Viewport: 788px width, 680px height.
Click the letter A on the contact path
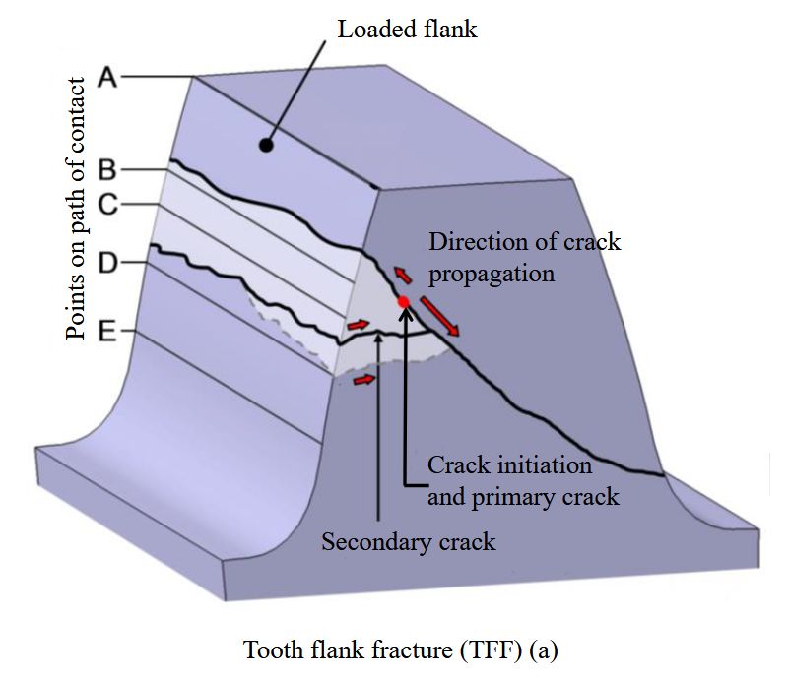point(107,78)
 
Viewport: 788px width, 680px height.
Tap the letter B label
point(107,169)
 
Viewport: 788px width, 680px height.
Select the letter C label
point(107,205)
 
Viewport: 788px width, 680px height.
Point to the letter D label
point(107,262)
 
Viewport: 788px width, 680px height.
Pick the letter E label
point(106,332)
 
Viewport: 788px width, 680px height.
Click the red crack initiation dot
point(404,302)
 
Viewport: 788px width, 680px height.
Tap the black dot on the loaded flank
point(266,145)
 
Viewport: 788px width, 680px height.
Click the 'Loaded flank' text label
point(407,30)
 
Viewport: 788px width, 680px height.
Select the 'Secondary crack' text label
point(409,542)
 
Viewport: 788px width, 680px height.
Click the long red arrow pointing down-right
point(439,316)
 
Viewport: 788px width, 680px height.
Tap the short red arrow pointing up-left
point(402,275)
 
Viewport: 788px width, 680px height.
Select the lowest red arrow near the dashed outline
point(364,380)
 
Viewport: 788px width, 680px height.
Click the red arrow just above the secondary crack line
point(359,325)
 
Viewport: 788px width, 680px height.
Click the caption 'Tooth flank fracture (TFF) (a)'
point(401,649)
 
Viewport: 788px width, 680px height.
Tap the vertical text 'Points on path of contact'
point(76,209)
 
